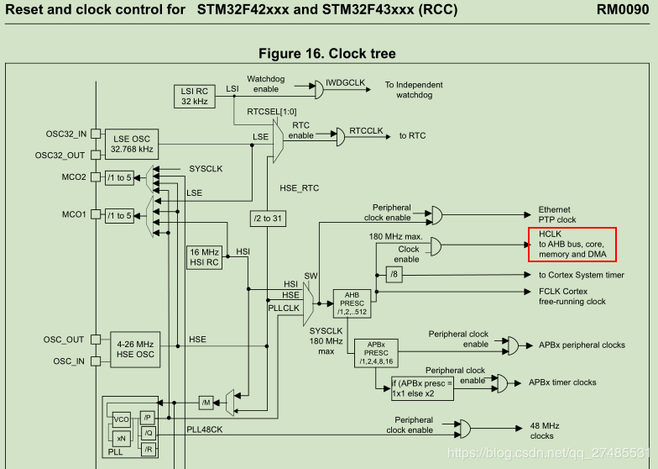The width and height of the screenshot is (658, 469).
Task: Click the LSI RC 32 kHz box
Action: tap(195, 97)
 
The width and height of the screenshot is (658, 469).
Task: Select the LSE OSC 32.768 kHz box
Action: tap(132, 144)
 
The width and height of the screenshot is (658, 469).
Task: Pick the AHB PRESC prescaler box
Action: tap(352, 303)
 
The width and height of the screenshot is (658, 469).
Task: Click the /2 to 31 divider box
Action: tap(269, 219)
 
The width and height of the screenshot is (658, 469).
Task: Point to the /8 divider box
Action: tap(394, 275)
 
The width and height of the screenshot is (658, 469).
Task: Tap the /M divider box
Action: tap(206, 403)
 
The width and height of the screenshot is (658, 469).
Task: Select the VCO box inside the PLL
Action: tap(121, 418)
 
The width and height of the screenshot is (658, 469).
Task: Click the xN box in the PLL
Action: tap(121, 438)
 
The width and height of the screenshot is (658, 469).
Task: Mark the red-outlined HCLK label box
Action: tap(572, 244)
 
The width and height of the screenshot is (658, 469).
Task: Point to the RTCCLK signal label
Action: tap(366, 131)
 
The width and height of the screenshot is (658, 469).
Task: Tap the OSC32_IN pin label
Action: tap(65, 134)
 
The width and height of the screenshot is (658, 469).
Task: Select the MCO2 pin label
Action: tap(73, 177)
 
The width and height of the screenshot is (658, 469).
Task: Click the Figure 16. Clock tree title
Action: tap(326, 54)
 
